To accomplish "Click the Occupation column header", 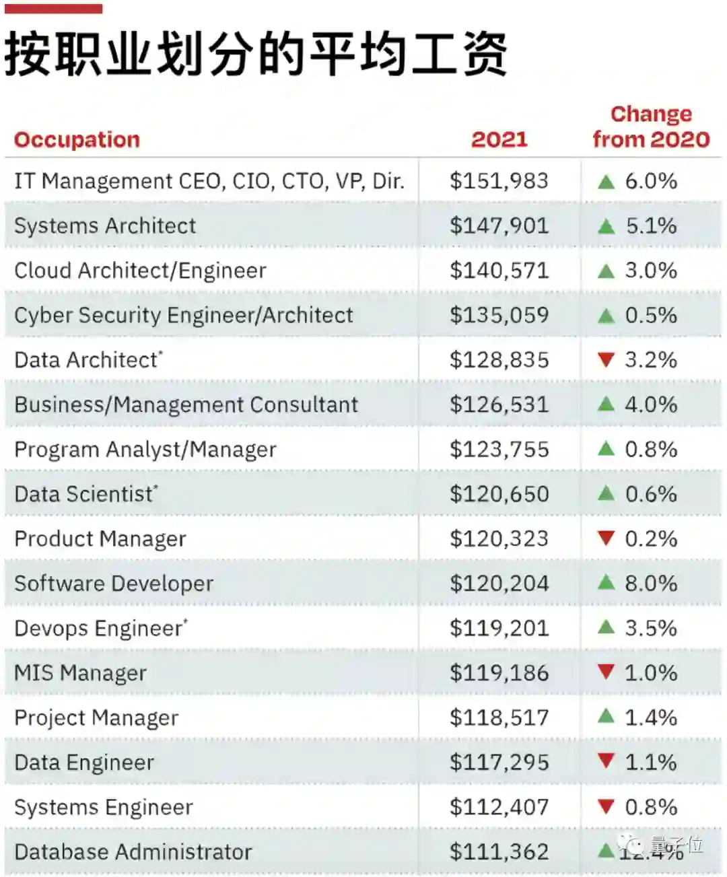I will [77, 139].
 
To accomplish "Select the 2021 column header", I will [499, 139].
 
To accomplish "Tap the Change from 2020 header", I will [651, 127].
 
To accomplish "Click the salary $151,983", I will [499, 181].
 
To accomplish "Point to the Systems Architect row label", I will [105, 226].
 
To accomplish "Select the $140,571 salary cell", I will [499, 271].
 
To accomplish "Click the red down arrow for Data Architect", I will [606, 359].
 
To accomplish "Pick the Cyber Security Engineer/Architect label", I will [183, 315].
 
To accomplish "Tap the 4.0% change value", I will [650, 405].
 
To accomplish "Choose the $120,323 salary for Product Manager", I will [499, 538].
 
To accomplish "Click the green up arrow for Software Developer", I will [606, 583].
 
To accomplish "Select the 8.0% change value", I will [650, 584].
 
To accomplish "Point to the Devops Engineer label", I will [100, 629].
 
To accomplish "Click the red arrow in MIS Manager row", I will [606, 672].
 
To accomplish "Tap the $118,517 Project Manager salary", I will [499, 717].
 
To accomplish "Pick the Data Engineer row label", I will [84, 763].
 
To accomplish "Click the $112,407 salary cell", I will [499, 807].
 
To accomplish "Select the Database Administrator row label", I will [133, 852].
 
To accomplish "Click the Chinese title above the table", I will [256, 54].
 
